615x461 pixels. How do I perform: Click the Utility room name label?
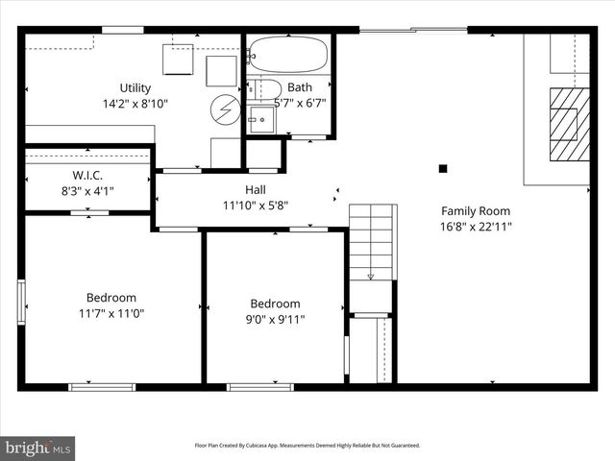coord(135,87)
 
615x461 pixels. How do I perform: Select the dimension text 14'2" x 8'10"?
coord(135,104)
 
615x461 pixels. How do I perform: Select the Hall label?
coord(255,189)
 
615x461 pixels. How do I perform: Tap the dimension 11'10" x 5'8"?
coord(255,205)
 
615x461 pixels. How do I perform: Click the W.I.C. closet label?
coord(87,175)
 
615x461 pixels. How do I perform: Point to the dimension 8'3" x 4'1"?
coord(87,190)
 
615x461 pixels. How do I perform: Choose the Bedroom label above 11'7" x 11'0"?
coord(111,298)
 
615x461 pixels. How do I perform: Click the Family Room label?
coord(476,211)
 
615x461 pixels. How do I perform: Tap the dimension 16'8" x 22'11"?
coord(476,228)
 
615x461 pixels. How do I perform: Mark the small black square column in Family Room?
coord(443,169)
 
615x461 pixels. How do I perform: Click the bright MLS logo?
coord(38,448)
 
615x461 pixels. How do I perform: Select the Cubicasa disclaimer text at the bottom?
coord(307,446)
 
